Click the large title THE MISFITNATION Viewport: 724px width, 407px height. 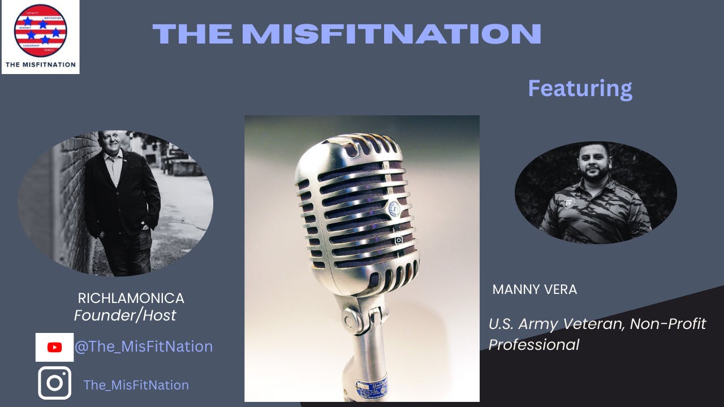point(347,34)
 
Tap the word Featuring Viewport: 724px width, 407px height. point(580,89)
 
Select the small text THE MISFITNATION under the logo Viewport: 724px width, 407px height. point(40,64)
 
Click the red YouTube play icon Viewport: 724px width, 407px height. point(54,347)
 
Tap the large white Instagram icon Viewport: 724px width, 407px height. point(54,383)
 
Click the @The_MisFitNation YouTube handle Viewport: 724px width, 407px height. point(144,347)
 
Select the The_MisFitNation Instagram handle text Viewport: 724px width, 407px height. point(136,385)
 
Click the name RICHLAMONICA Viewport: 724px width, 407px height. point(131,298)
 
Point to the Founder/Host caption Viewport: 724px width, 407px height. point(125,315)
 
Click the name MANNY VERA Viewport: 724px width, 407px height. point(535,290)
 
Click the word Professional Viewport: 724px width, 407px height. point(533,344)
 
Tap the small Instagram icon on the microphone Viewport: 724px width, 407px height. point(399,240)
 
